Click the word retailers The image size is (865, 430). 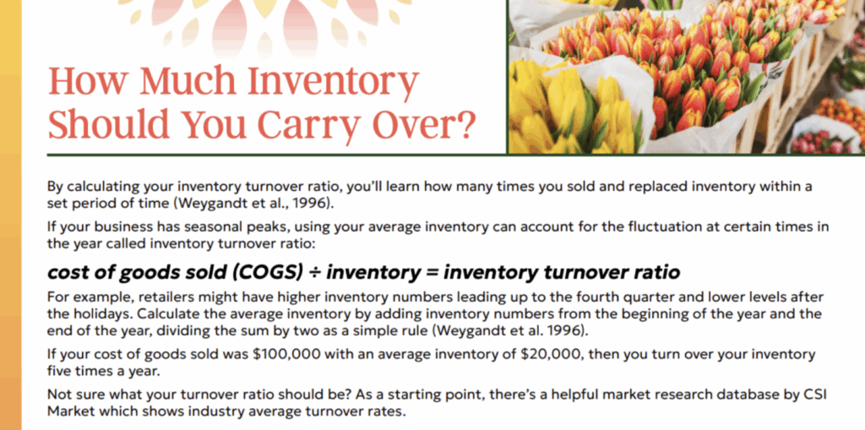(x=164, y=298)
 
